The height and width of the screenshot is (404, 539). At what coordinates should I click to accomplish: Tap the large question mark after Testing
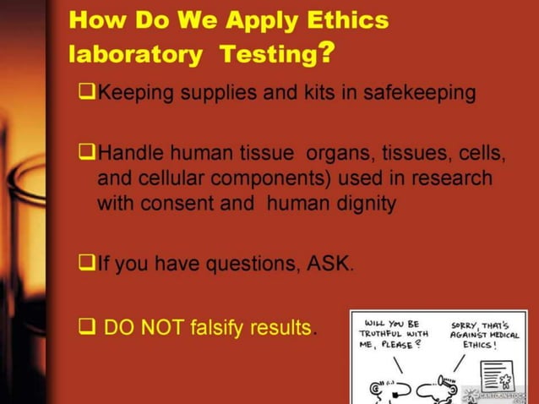click(325, 52)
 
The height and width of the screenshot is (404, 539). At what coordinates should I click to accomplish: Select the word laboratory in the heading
click(136, 55)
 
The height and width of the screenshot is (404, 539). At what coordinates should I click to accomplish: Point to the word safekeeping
click(417, 92)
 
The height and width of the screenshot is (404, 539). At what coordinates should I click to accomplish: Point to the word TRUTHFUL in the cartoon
click(384, 333)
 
